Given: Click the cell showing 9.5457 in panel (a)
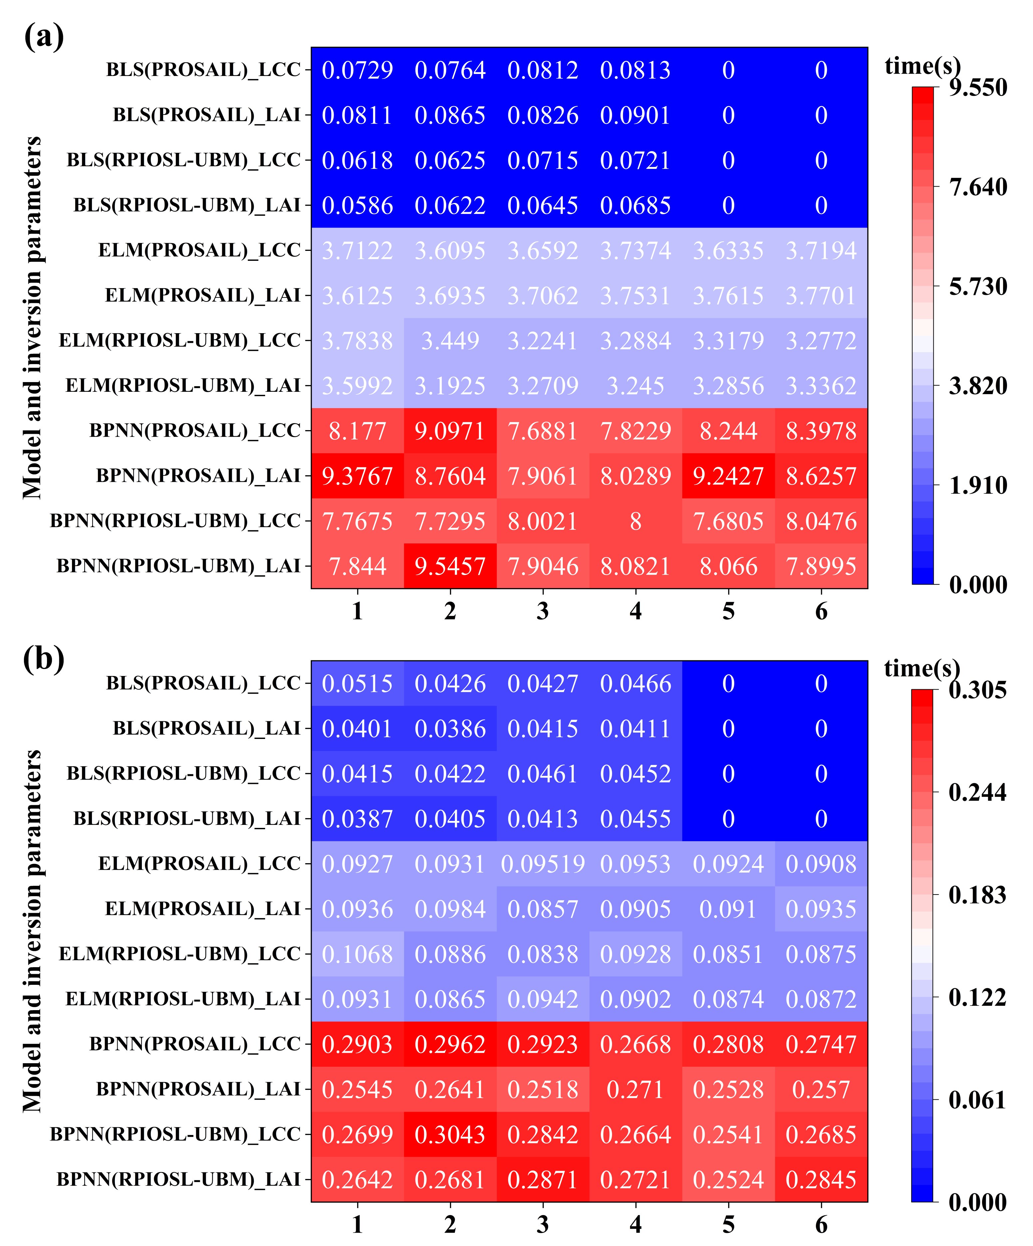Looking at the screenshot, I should tap(450, 566).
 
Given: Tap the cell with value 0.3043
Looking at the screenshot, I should tap(450, 1134).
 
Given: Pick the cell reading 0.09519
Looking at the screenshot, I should tap(542, 864).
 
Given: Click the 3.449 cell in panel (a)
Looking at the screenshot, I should tap(450, 340).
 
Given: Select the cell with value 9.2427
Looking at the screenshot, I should tap(728, 476).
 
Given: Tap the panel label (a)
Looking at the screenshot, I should tap(44, 37).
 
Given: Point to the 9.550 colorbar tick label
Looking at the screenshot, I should tap(977, 88).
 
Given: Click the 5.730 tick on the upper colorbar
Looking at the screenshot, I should tap(977, 287).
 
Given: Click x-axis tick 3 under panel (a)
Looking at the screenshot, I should tap(542, 611).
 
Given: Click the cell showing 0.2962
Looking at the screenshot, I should tap(450, 1044).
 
